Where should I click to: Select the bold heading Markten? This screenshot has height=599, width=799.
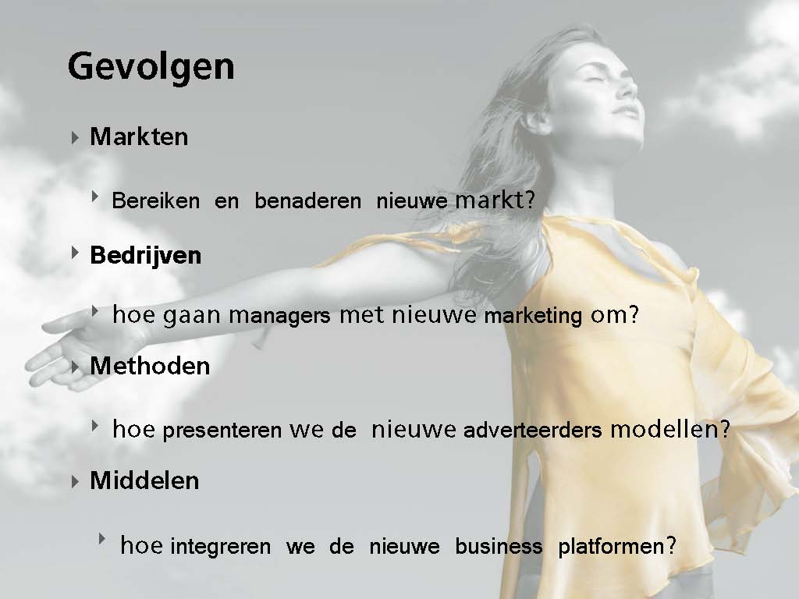pyautogui.click(x=139, y=136)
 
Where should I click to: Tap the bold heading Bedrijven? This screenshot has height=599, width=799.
pyautogui.click(x=146, y=255)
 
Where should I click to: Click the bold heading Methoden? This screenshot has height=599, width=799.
pyautogui.click(x=150, y=366)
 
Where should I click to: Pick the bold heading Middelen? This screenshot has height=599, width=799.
pyautogui.click(x=144, y=480)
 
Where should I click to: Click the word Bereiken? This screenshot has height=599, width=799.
pyautogui.click(x=156, y=200)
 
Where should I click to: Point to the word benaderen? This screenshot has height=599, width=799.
pyautogui.click(x=307, y=200)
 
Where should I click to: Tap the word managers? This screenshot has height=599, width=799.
pyautogui.click(x=279, y=316)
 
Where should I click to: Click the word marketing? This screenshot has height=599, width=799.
pyautogui.click(x=533, y=316)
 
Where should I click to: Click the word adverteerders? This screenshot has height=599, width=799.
pyautogui.click(x=532, y=430)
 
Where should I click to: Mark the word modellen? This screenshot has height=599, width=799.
pyautogui.click(x=670, y=429)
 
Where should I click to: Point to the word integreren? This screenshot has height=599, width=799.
pyautogui.click(x=221, y=547)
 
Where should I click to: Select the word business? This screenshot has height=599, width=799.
pyautogui.click(x=499, y=545)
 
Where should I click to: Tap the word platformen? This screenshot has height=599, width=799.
pyautogui.click(x=617, y=546)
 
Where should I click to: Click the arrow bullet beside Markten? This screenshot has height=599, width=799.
pyautogui.click(x=75, y=137)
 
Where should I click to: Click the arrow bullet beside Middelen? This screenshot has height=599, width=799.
pyautogui.click(x=75, y=481)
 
